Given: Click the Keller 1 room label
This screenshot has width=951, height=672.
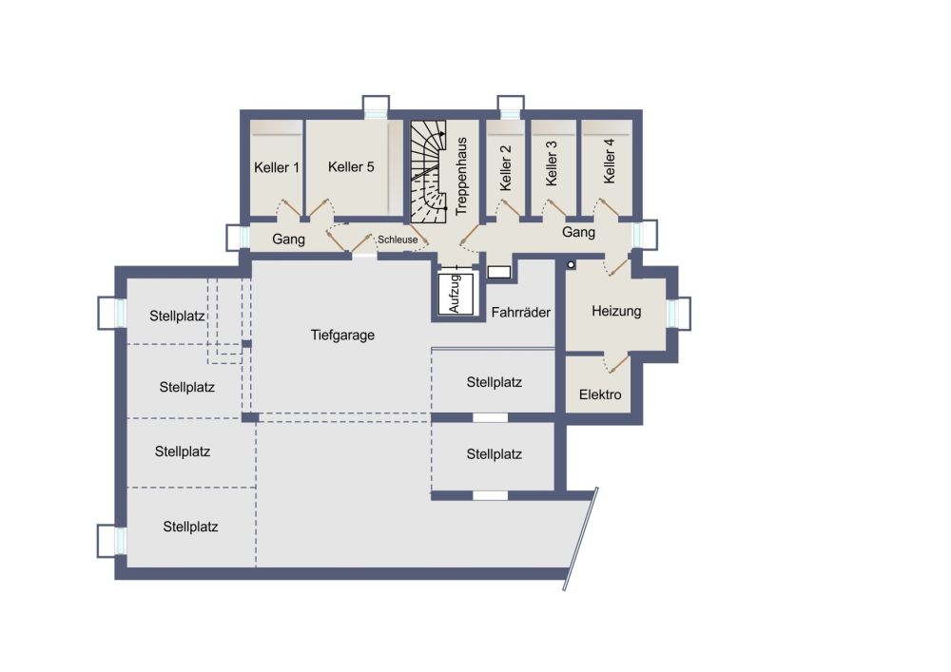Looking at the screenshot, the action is [x=277, y=167].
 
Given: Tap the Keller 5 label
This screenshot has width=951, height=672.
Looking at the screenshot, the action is [x=351, y=166].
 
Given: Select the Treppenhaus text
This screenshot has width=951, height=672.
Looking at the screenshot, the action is [x=461, y=177].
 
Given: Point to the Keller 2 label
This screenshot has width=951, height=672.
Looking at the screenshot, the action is [x=505, y=168].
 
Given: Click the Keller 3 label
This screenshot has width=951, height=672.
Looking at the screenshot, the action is [x=551, y=163].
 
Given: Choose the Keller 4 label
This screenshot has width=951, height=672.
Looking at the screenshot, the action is [x=609, y=162].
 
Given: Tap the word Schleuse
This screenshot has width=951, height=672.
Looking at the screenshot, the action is [x=398, y=240].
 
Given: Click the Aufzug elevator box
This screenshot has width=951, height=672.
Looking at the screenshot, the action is [x=456, y=294].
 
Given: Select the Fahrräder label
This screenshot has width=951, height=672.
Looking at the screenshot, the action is [x=521, y=313].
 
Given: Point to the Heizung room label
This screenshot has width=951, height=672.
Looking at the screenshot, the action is [x=616, y=311].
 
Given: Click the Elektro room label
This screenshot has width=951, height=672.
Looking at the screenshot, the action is [x=600, y=394].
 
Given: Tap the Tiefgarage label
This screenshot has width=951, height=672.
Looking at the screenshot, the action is [x=342, y=336].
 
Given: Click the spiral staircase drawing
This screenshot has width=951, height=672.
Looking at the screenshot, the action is [x=429, y=171].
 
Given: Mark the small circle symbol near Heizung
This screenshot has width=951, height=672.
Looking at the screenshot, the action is [x=571, y=265].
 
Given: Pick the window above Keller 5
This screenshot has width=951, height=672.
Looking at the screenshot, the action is [x=376, y=107].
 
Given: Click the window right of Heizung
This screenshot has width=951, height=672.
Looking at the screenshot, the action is [x=679, y=314].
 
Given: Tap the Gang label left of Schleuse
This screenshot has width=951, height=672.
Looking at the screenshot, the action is [x=288, y=239].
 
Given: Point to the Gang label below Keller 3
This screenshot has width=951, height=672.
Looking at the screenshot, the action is [x=578, y=232].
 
